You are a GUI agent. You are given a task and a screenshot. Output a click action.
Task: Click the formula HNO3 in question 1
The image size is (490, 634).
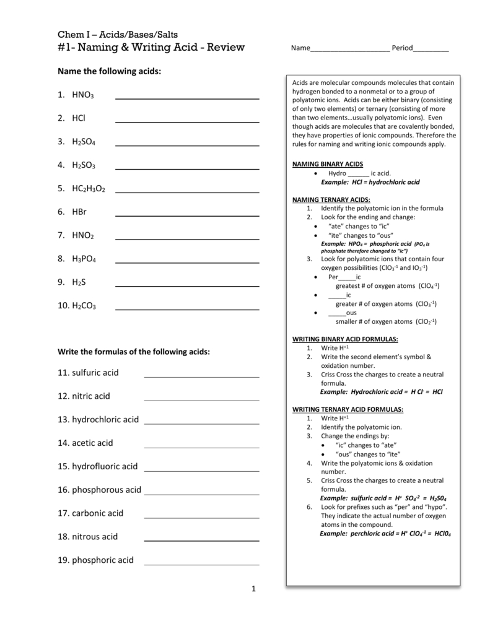click(82, 95)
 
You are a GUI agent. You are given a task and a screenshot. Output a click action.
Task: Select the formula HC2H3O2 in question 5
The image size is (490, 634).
click(89, 188)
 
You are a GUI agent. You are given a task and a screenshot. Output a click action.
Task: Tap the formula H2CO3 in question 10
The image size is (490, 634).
click(84, 306)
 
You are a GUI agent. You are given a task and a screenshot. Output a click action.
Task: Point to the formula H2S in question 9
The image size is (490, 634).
click(79, 282)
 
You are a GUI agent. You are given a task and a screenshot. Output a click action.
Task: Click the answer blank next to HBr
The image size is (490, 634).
click(187, 216)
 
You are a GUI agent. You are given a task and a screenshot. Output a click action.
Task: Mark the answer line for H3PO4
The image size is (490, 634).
click(187, 263)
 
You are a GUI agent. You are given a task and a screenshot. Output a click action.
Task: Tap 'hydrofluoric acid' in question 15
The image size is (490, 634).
click(105, 466)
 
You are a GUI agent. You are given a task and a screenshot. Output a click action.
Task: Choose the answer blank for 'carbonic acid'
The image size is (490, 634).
click(201, 517)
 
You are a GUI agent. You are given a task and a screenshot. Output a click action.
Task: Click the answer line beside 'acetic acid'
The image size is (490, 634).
click(201, 447)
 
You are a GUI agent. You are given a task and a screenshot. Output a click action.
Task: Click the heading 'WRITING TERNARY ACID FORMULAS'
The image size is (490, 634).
click(348, 409)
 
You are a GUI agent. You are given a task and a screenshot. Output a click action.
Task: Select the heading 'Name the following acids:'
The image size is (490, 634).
click(109, 71)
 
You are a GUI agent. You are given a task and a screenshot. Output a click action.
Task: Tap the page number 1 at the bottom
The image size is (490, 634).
click(253, 588)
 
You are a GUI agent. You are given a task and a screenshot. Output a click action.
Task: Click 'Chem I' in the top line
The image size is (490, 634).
click(71, 34)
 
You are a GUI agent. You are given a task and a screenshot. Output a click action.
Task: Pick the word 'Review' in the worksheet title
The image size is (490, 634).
click(224, 48)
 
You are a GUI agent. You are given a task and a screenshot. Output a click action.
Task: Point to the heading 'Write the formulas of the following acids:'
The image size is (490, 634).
click(134, 352)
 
